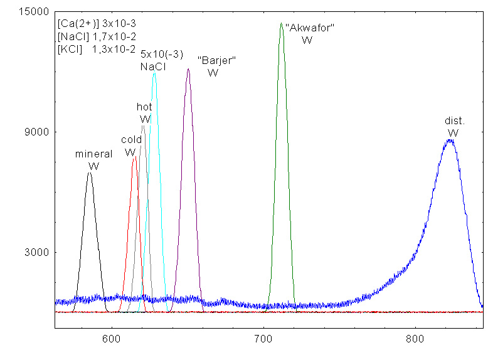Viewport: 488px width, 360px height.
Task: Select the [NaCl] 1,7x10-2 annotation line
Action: tap(97, 36)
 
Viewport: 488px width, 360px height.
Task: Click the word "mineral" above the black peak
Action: tap(93, 154)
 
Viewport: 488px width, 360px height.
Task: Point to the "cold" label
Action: tap(131, 139)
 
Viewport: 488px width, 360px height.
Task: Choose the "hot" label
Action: tap(144, 107)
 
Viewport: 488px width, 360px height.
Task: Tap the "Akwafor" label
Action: tap(310, 28)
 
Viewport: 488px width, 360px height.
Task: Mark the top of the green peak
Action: tap(281, 23)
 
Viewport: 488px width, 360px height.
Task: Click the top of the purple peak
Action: tap(188, 69)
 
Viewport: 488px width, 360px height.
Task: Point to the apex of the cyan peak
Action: tap(154, 73)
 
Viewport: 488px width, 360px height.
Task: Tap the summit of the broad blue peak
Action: tap(450, 140)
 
